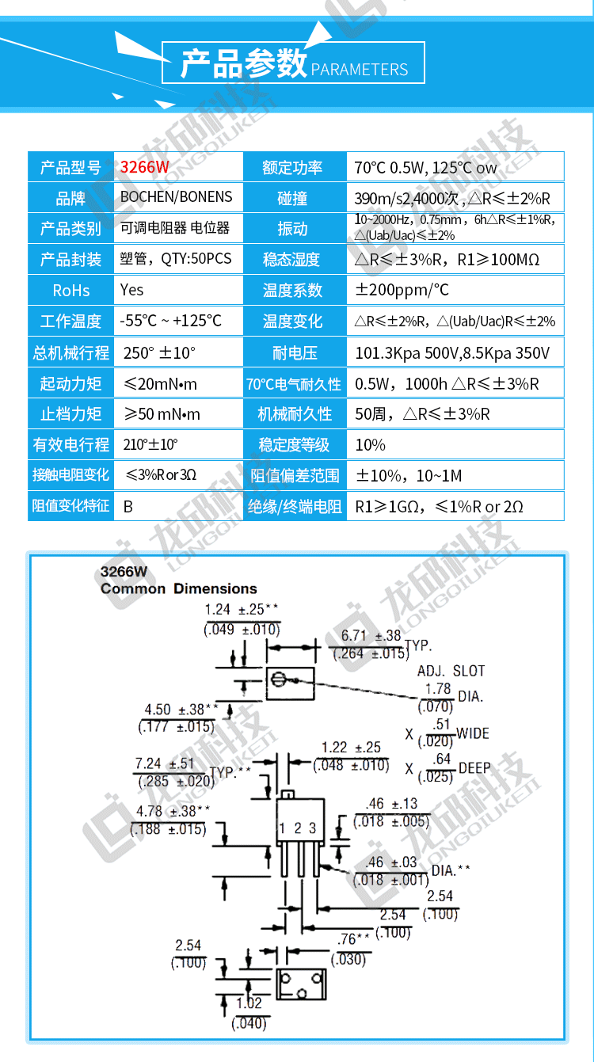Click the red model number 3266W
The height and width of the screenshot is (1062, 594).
point(144,167)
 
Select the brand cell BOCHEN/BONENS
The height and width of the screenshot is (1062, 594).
point(177,197)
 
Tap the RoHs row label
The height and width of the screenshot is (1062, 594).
point(71,291)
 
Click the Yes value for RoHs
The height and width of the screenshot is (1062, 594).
point(131,290)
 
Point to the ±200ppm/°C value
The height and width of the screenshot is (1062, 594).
point(402,290)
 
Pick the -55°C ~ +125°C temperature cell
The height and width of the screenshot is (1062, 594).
point(170,321)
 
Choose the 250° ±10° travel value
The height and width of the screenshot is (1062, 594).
point(159,352)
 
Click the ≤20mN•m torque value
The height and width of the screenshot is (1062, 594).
point(161,384)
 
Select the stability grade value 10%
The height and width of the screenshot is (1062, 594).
point(370,445)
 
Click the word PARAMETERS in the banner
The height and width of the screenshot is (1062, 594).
point(360,70)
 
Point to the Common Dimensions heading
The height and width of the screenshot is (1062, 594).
point(179,588)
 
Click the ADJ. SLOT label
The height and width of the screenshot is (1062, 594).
point(451,671)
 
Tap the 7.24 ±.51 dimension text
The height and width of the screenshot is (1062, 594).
point(165,763)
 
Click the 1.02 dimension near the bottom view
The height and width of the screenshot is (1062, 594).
point(249,1003)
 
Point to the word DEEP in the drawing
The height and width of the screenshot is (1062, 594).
point(474,768)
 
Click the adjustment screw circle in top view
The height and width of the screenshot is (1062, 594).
point(278,679)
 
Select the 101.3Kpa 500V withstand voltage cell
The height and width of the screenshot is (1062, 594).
point(453,352)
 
